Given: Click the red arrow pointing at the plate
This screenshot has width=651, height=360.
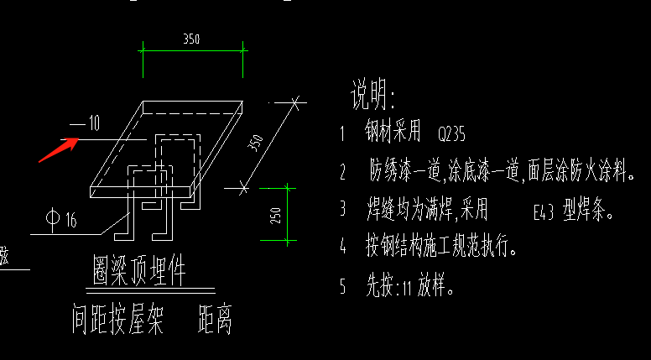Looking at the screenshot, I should tap(58, 149).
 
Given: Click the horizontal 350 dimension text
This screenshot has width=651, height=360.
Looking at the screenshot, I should tap(191, 39).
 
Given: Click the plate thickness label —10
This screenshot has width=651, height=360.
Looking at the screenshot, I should tap(85, 124).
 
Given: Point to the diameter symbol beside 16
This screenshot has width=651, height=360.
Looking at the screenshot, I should tap(52, 220).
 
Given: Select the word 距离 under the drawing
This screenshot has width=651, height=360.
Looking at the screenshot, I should tap(215, 320).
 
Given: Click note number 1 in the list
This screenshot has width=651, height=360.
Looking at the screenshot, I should tap(342, 133).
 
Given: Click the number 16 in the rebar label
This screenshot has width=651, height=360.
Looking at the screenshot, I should tap(70, 221).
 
